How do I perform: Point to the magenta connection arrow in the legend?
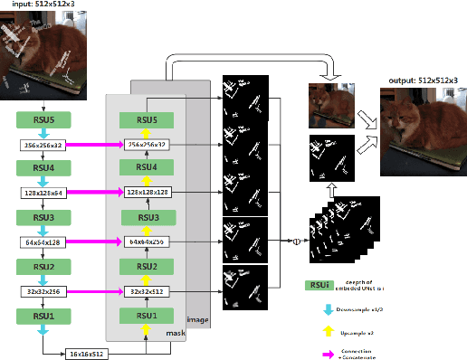[328, 350]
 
